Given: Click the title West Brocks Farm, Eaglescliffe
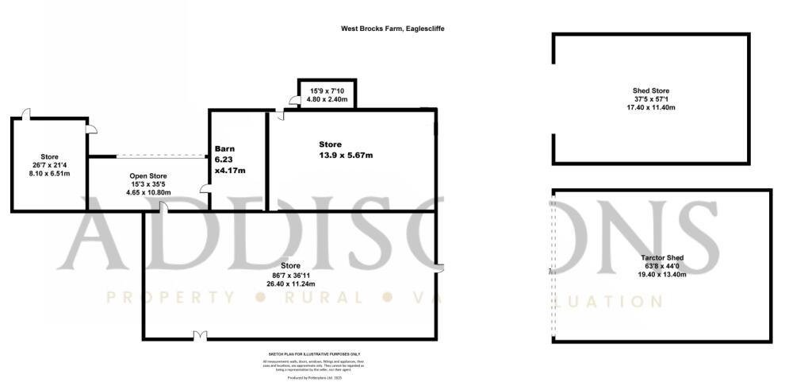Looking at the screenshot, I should (393, 29).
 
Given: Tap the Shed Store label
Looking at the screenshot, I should (650, 91).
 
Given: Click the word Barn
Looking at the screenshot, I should (226, 149).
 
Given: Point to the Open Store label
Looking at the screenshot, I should (148, 176).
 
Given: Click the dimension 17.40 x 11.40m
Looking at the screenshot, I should (650, 107).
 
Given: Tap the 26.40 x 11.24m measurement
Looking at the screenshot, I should (291, 284).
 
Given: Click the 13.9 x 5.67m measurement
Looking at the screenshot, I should (346, 155).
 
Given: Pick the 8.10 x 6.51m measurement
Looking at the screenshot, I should (50, 172).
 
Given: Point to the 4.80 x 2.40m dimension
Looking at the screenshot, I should (326, 101).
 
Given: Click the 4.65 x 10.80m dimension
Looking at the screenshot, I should (148, 192).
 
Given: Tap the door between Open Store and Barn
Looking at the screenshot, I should (205, 189).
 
